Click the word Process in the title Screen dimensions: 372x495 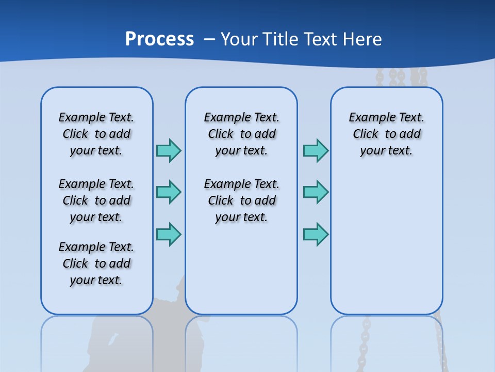159,39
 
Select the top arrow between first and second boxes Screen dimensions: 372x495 169,150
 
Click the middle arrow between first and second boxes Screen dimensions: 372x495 169,192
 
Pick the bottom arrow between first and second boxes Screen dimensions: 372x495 169,234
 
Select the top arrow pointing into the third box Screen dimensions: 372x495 316,150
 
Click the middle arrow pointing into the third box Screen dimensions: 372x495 316,192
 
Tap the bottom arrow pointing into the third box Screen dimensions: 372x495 316,234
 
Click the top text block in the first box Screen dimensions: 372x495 96,134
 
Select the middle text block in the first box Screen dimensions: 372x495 96,200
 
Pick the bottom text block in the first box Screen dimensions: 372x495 96,263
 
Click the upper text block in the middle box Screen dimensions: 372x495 241,134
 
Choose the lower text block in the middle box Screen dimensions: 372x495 241,200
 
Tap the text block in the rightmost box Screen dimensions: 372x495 386,134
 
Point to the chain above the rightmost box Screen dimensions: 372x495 397,78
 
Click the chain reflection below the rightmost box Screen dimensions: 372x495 366,336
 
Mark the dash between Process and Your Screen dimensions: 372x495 209,39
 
